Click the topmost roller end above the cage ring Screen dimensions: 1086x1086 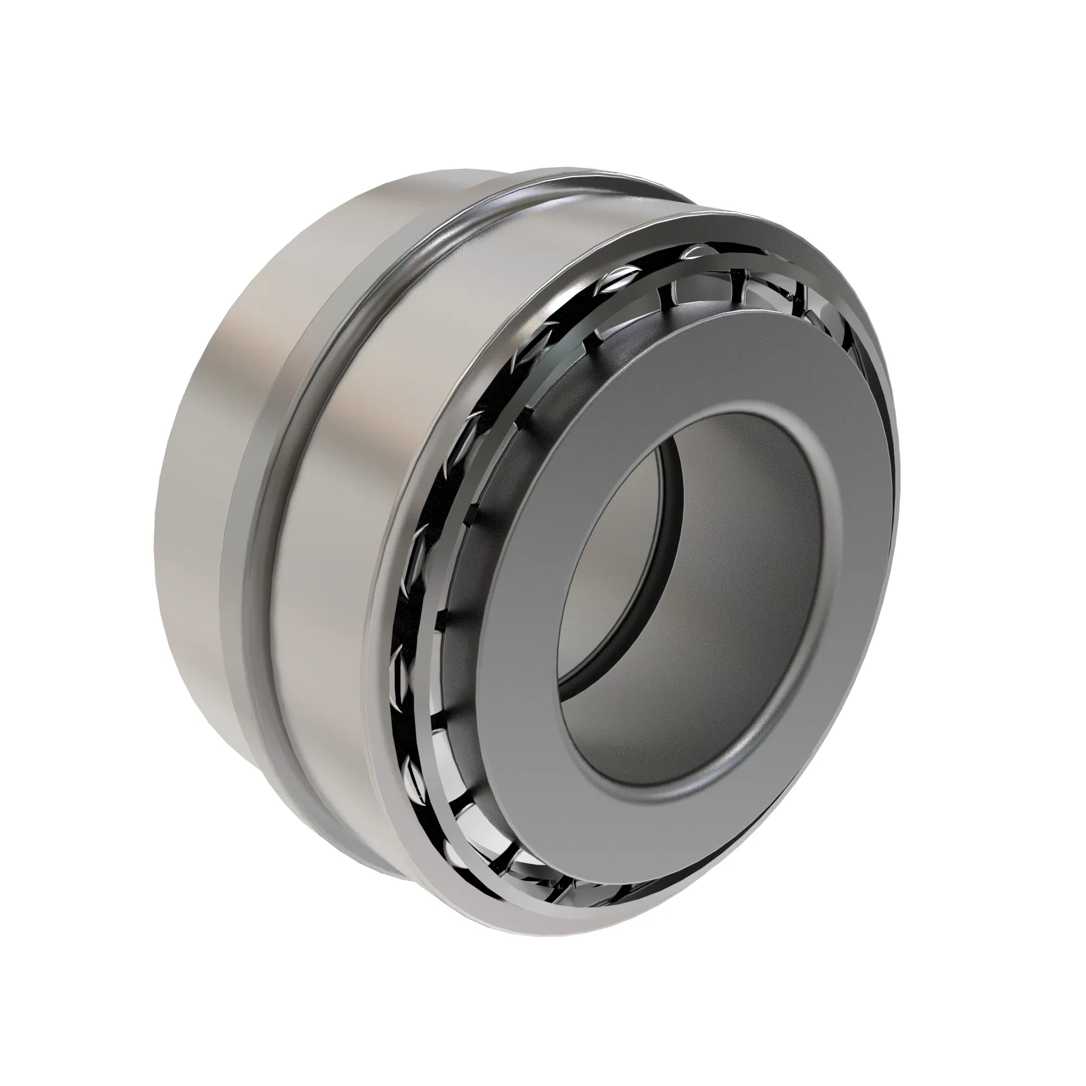(696, 251)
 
